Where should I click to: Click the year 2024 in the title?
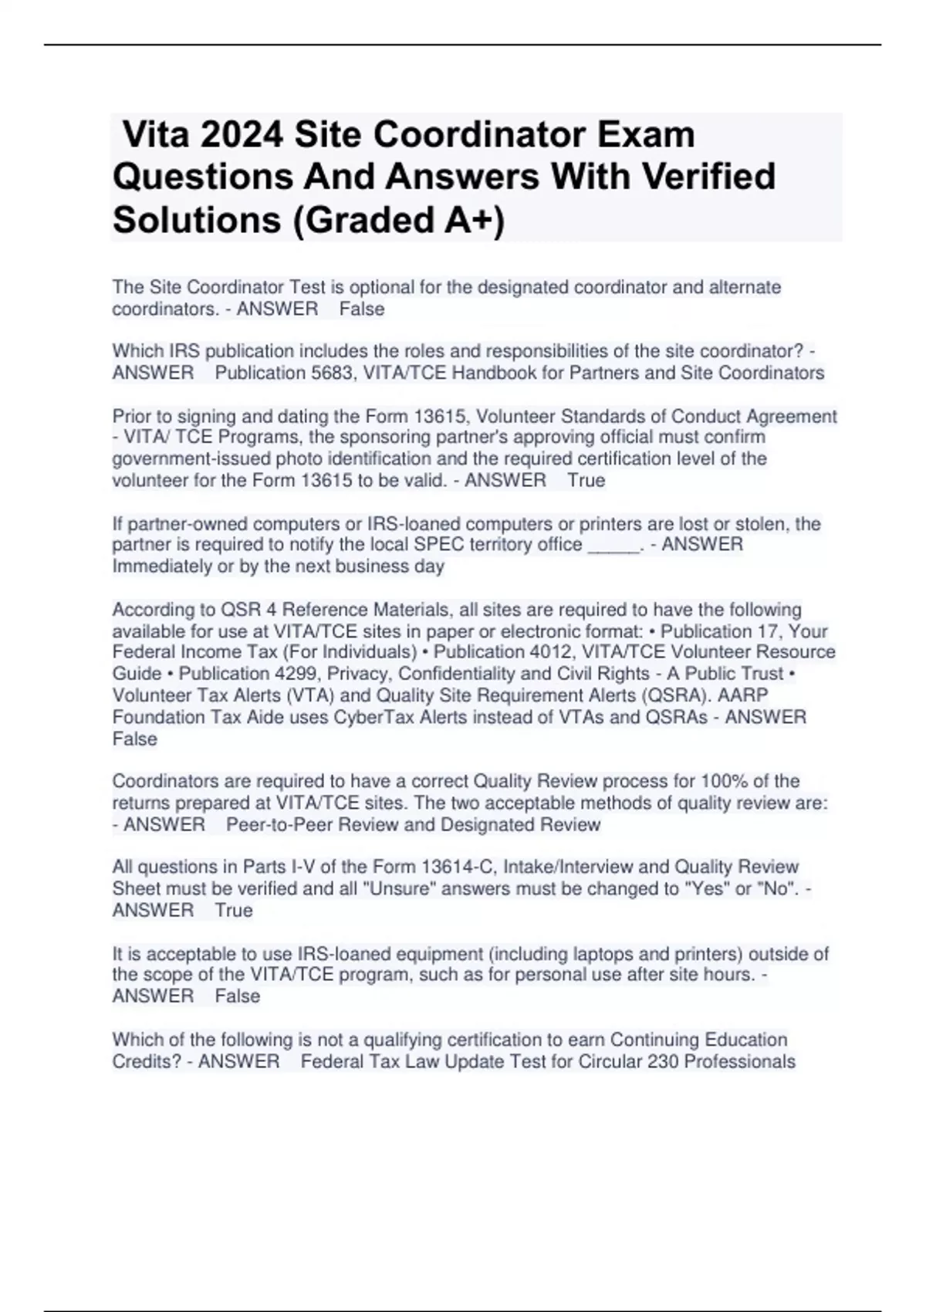pyautogui.click(x=242, y=135)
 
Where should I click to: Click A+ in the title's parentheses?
pyautogui.click(x=469, y=220)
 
